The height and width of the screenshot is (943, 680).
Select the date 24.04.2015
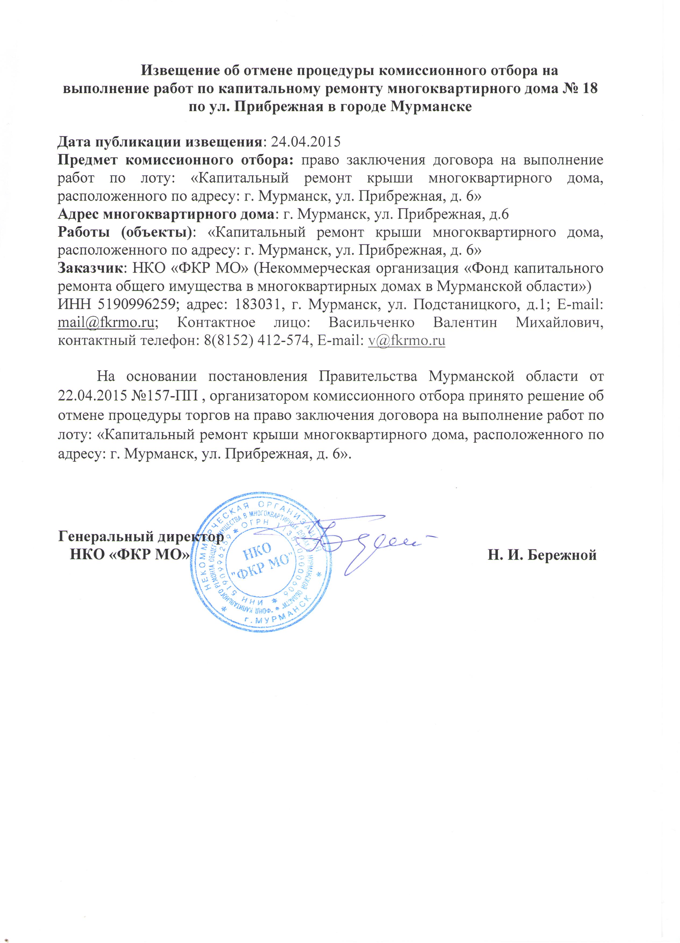[305, 142]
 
